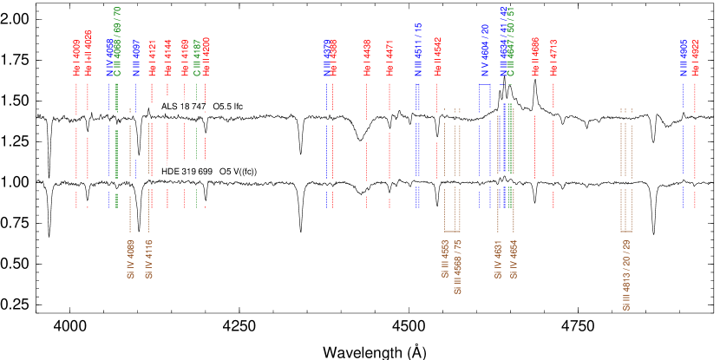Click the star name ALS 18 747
click(x=183, y=107)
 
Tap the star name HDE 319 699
click(x=187, y=172)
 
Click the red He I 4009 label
click(x=76, y=58)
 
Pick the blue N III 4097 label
click(x=136, y=58)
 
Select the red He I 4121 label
click(x=152, y=58)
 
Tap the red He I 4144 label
click(x=167, y=58)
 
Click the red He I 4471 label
click(x=389, y=58)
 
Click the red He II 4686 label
click(x=535, y=56)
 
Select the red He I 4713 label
click(x=553, y=58)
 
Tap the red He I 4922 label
click(x=695, y=58)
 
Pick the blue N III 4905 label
click(x=684, y=58)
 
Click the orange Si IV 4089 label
click(x=130, y=259)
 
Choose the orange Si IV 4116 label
click(x=148, y=259)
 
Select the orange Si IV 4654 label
click(x=514, y=259)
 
